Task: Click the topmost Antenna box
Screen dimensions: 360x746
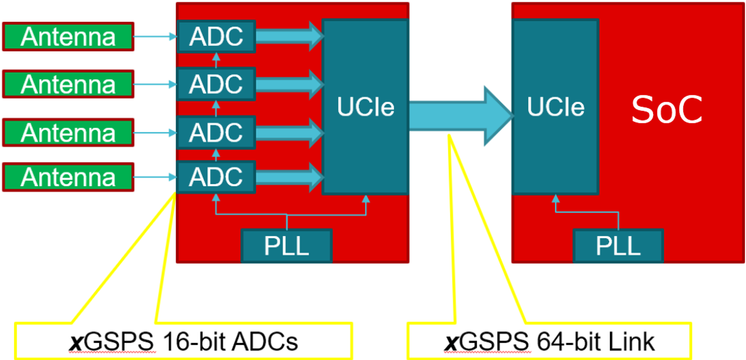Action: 68,37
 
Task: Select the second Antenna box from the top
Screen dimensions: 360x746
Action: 68,84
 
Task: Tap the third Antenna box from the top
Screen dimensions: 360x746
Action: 68,133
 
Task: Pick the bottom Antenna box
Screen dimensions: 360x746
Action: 68,177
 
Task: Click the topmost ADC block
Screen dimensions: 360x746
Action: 216,37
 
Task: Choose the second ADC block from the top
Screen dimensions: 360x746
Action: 216,84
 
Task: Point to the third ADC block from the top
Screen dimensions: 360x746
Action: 216,133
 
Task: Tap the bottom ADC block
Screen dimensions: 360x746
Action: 216,177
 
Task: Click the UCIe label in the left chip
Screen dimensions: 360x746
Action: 365,107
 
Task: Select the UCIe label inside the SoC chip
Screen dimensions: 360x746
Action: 555,107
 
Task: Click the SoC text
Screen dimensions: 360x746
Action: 667,110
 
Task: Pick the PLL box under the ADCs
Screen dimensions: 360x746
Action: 286,246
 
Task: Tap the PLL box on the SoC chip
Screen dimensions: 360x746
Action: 618,246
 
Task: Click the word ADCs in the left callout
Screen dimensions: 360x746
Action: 265,342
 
